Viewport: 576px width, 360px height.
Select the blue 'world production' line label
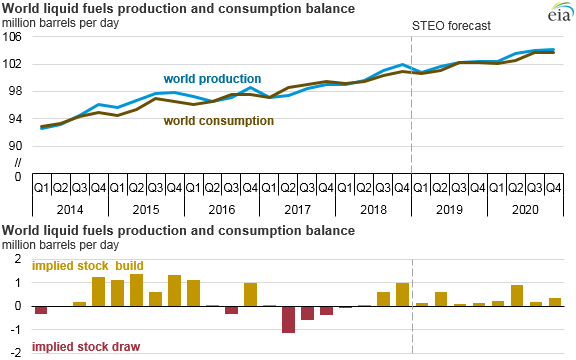(x=213, y=78)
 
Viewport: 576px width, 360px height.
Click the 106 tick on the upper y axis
(x=15, y=37)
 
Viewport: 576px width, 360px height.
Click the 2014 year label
(x=70, y=211)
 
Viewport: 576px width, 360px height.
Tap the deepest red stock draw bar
(x=288, y=319)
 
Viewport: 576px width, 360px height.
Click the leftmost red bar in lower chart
(x=41, y=310)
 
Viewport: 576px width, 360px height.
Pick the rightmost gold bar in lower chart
(x=556, y=302)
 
